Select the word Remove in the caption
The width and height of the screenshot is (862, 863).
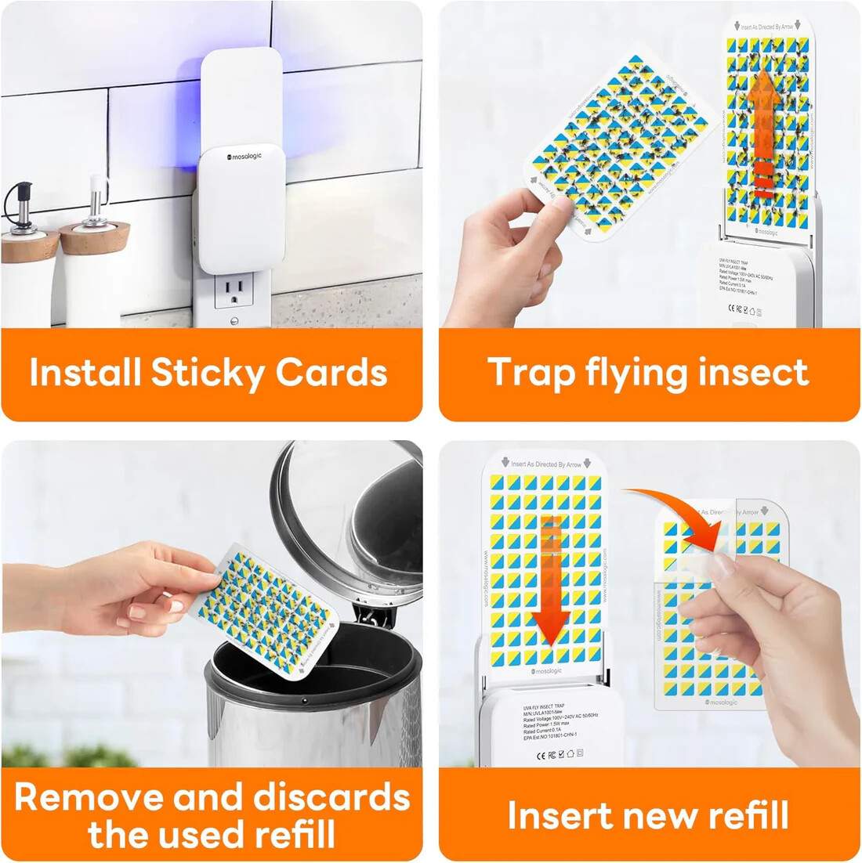pyautogui.click(x=88, y=797)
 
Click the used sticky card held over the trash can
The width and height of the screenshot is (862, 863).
pyautogui.click(x=266, y=611)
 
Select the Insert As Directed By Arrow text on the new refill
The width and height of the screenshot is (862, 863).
pyautogui.click(x=546, y=464)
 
